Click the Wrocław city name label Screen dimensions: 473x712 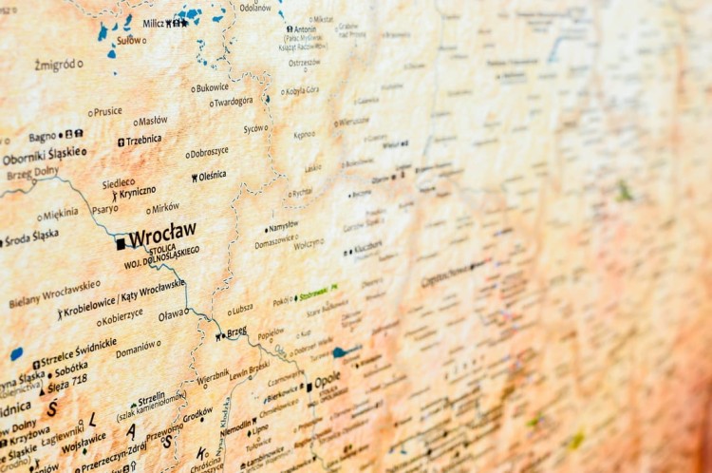[x=162, y=232]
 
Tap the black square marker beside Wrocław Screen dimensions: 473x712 [x=121, y=244]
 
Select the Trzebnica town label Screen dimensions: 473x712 [x=143, y=140]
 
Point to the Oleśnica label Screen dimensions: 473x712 [x=213, y=176]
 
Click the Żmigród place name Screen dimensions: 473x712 [x=55, y=65]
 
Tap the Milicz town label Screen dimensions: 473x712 [x=152, y=23]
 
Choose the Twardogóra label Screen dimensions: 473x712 [x=234, y=102]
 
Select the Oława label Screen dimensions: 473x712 [x=172, y=314]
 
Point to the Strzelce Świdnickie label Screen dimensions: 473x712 [x=79, y=354]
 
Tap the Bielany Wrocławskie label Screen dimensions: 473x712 [x=54, y=294]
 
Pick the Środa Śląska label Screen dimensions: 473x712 [x=30, y=236]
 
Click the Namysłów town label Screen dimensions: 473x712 [x=284, y=226]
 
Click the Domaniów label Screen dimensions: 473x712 [x=137, y=349]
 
